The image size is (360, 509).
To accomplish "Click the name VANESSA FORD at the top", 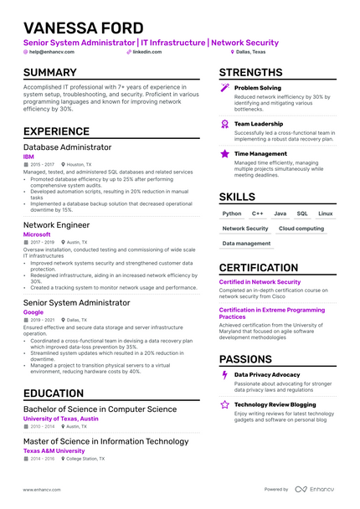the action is click(x=84, y=28).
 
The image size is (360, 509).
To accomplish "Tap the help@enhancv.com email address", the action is click(x=52, y=52).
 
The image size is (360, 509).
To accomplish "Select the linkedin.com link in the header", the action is click(x=147, y=52).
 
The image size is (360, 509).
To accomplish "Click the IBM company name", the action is click(x=28, y=157).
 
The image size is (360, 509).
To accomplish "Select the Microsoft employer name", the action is click(x=37, y=234).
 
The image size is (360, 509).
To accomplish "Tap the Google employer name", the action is click(x=33, y=312).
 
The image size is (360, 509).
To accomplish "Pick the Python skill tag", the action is click(x=232, y=213).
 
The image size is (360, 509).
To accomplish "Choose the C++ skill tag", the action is click(x=258, y=213).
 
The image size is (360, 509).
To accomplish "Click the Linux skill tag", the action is click(x=325, y=213).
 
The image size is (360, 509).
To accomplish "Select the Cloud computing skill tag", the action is click(x=301, y=229).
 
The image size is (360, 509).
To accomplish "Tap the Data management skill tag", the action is click(x=246, y=244).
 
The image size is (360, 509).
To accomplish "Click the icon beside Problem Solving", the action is click(x=224, y=87).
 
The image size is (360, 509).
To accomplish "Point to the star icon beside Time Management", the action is click(x=224, y=154).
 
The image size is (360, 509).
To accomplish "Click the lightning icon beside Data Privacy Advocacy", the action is click(x=224, y=375).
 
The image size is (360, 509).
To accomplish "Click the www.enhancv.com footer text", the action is click(x=41, y=490).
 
